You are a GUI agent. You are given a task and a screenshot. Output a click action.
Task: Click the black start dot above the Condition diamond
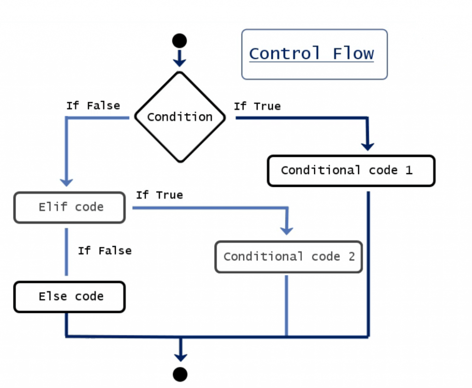179,41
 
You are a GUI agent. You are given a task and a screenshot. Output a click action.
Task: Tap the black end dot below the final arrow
180,374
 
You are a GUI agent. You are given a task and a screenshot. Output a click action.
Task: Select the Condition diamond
180,117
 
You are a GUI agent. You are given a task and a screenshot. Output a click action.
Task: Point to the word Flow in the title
353,54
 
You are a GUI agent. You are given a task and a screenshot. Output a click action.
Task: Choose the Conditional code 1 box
351,170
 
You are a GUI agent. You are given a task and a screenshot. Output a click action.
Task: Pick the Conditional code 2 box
289,256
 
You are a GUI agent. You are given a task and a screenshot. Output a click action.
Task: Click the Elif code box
70,207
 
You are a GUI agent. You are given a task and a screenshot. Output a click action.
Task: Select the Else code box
70,297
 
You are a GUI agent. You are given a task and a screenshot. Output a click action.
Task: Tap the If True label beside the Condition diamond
257,106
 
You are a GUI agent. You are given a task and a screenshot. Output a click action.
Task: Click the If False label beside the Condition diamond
93,106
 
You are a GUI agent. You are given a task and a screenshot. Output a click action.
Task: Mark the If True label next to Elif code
159,195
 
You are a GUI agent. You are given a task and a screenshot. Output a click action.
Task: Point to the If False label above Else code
105,251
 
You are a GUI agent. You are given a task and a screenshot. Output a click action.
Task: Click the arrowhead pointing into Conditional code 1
367,145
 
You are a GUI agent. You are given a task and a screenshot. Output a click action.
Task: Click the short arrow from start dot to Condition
179,58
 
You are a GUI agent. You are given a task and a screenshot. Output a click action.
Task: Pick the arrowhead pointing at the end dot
180,356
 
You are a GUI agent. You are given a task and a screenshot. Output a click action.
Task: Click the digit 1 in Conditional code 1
408,170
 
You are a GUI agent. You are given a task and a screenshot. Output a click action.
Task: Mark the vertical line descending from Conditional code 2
286,305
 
